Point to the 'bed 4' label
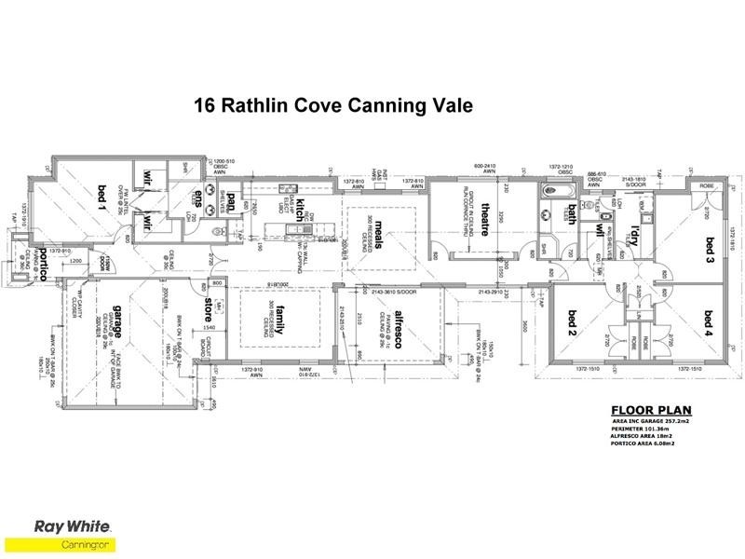click(x=709, y=321)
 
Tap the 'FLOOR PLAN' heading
click(x=650, y=410)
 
